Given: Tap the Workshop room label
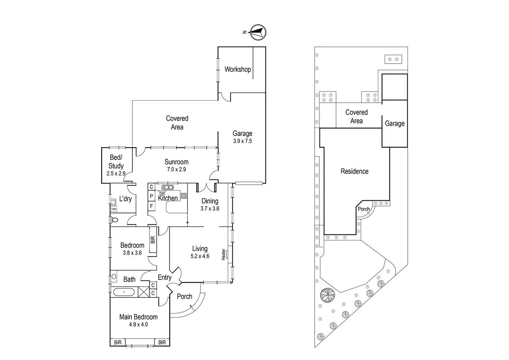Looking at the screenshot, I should tap(238, 69).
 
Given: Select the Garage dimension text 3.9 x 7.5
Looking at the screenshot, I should tap(242, 141).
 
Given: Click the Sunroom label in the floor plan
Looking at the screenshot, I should tap(176, 162).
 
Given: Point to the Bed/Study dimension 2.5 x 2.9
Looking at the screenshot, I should tap(116, 174).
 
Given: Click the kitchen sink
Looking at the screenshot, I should tap(168, 187).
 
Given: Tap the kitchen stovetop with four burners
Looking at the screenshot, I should tap(184, 196).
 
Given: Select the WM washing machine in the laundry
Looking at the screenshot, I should tap(114, 209).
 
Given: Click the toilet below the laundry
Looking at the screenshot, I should tap(114, 220).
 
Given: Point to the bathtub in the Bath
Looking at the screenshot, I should tap(124, 293).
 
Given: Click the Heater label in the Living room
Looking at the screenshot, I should tap(223, 255).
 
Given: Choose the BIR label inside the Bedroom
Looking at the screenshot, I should tap(153, 240).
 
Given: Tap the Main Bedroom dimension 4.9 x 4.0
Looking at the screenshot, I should tap(138, 324).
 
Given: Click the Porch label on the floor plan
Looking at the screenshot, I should tap(184, 296).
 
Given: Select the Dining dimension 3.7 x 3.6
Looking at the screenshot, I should tap(210, 209).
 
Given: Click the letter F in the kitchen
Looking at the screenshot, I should tap(151, 206).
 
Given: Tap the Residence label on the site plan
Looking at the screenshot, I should tap(354, 171).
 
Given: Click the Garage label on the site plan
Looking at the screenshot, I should tap(395, 123).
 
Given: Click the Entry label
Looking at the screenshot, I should tap(165, 277).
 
